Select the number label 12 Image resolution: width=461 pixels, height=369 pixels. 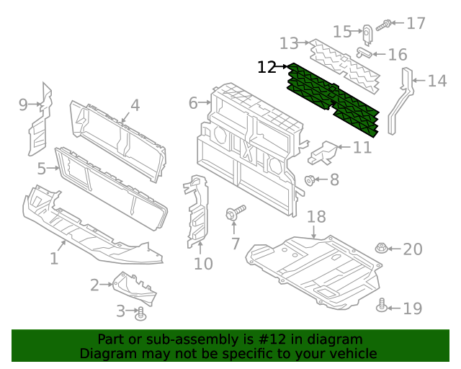click(267, 68)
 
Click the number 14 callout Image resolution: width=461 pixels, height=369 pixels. click(437, 81)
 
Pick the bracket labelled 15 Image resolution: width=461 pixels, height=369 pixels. click(367, 35)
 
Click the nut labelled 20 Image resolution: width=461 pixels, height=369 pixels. click(381, 249)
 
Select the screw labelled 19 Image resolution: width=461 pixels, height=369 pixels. click(382, 308)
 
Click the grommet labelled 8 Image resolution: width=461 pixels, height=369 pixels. click(310, 179)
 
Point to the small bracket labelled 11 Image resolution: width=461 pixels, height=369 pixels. click(324, 152)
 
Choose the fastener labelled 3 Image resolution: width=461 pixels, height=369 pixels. click(141, 313)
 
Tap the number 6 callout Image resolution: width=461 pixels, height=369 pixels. click(193, 103)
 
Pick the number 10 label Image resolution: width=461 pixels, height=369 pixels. click(203, 264)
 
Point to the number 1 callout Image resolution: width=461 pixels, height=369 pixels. click(54, 258)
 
